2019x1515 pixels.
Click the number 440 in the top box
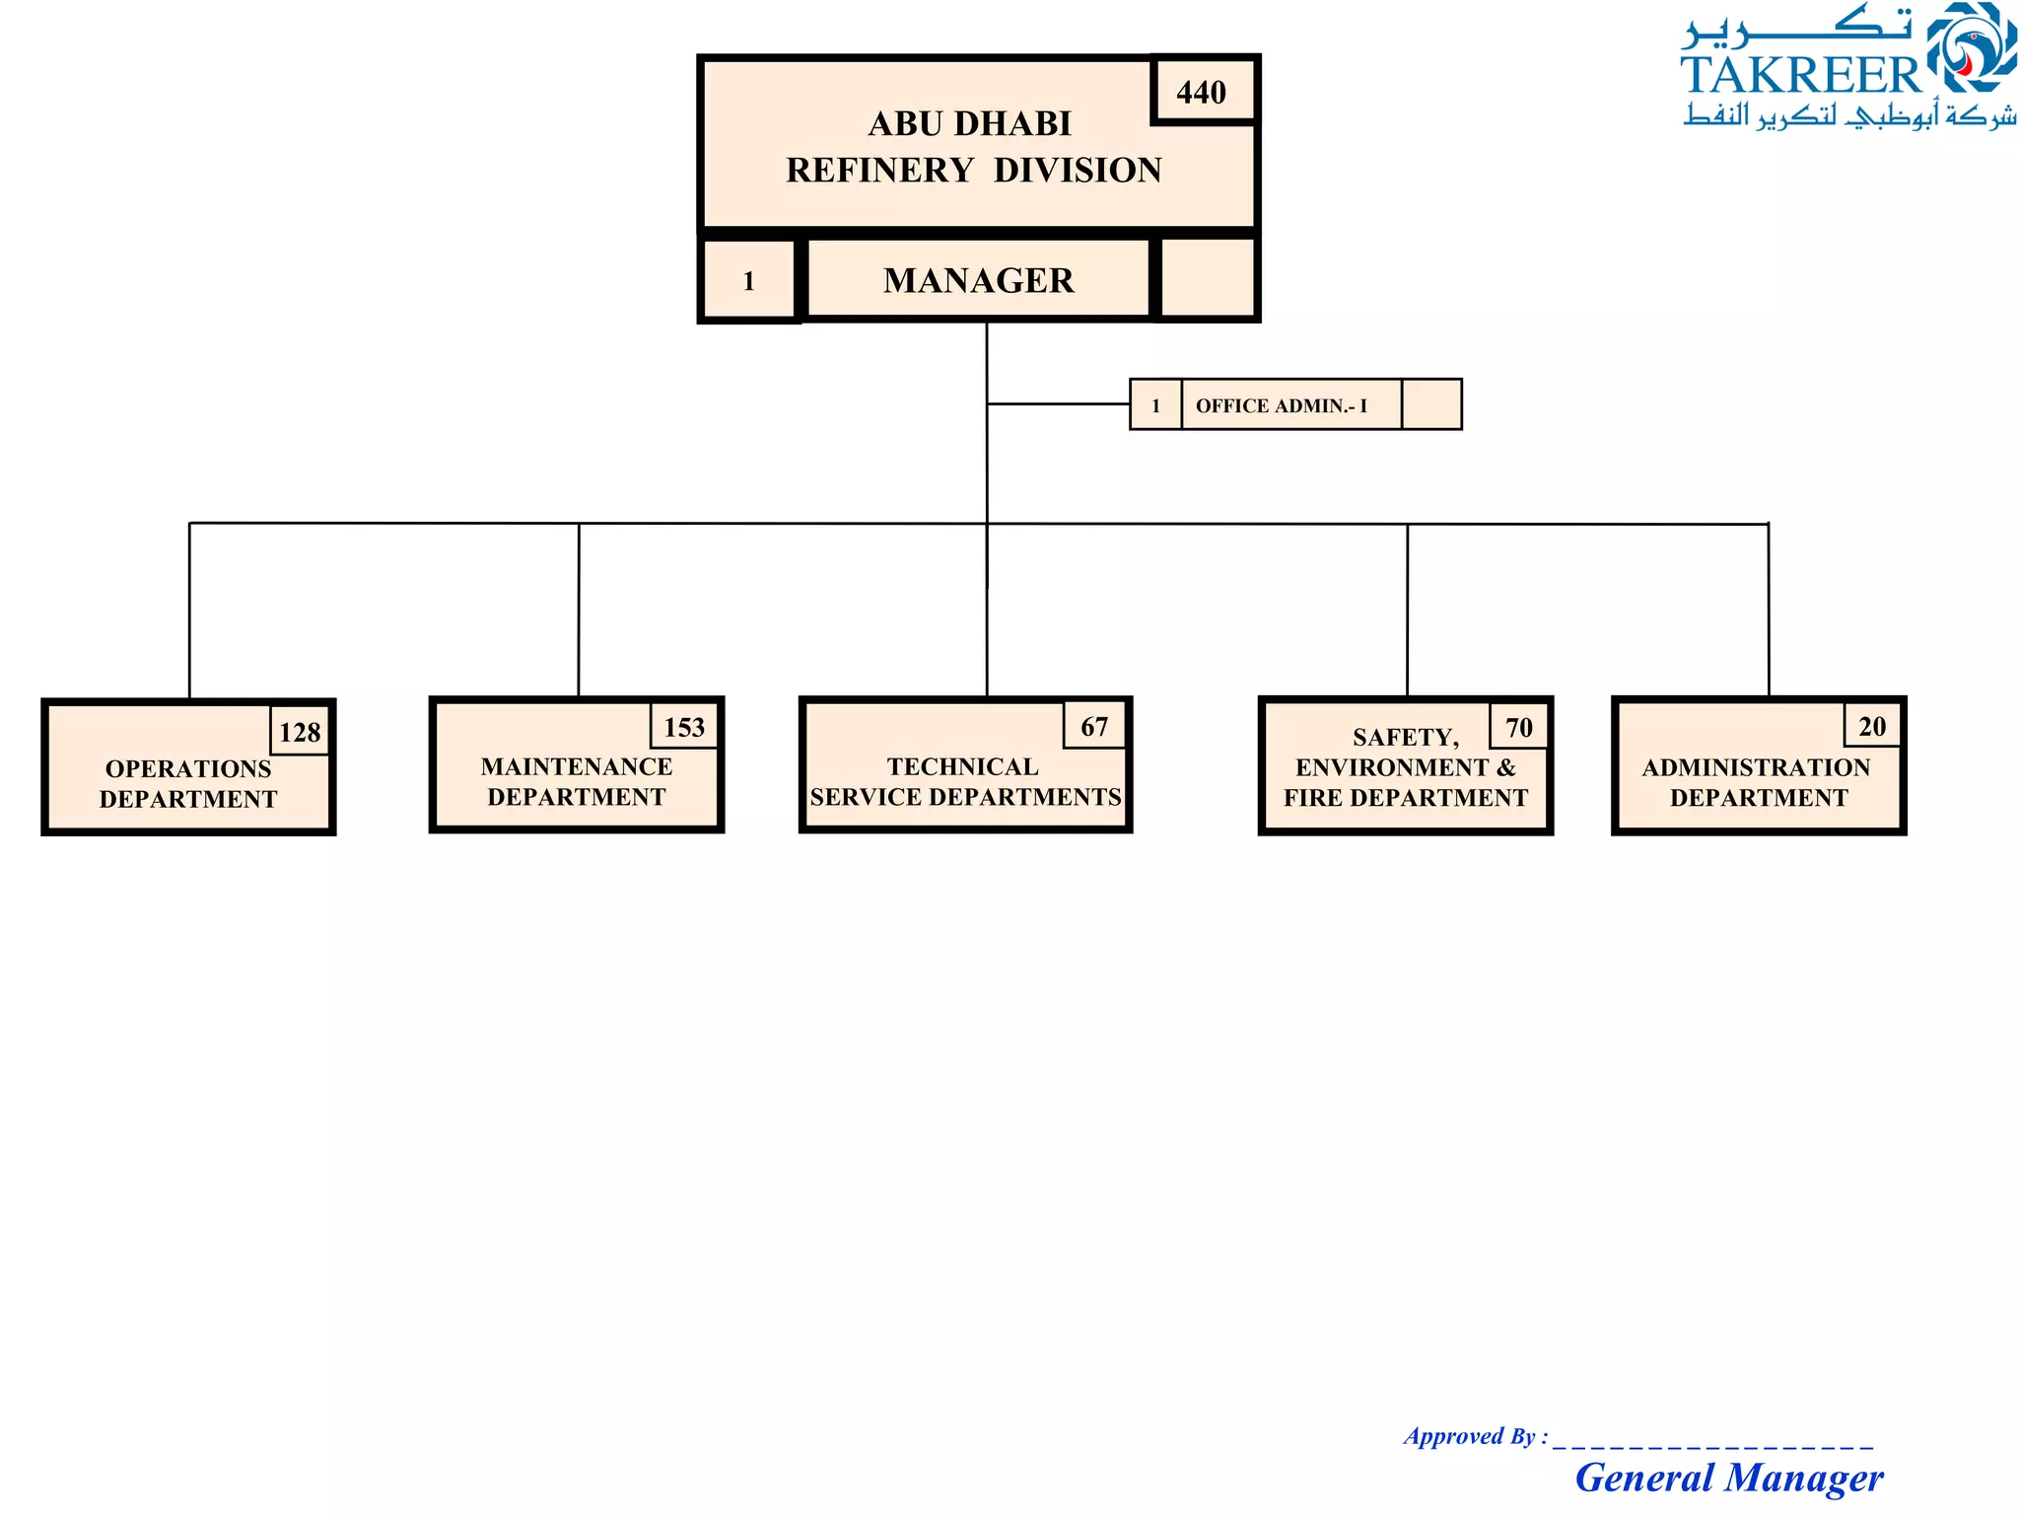click(1201, 93)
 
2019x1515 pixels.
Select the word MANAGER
click(978, 281)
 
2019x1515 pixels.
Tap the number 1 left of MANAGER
click(749, 282)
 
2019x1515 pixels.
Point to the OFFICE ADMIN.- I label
click(1281, 405)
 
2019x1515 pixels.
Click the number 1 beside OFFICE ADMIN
click(1155, 405)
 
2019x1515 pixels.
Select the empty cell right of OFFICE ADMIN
click(1430, 405)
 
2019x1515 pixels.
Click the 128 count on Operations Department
click(300, 732)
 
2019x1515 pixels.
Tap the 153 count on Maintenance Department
click(684, 728)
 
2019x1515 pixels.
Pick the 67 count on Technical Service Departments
click(1094, 727)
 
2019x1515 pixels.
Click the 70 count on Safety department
click(1519, 728)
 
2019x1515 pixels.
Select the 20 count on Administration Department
click(1872, 727)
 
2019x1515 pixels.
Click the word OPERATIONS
click(188, 768)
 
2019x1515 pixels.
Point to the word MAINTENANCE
click(577, 766)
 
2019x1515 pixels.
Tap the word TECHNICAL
click(962, 766)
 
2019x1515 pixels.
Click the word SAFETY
click(1405, 737)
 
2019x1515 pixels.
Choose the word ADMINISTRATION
click(1756, 767)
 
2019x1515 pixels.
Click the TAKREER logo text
click(1800, 75)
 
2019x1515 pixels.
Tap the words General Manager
click(1729, 1478)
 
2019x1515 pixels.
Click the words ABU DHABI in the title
click(970, 124)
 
